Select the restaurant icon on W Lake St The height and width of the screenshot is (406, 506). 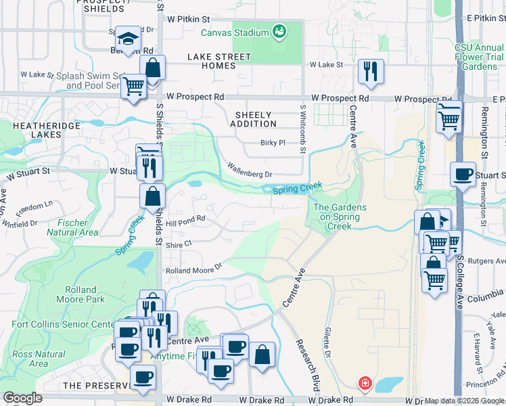pyautogui.click(x=371, y=71)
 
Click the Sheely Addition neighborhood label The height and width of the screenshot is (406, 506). pyautogui.click(x=253, y=119)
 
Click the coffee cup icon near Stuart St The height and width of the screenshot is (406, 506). pyautogui.click(x=463, y=175)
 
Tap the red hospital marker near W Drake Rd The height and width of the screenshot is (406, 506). pyautogui.click(x=365, y=384)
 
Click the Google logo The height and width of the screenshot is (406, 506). pyautogui.click(x=22, y=398)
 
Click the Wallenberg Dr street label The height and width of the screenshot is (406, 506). pyautogui.click(x=250, y=170)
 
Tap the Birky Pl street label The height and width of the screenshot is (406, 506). pyautogui.click(x=273, y=143)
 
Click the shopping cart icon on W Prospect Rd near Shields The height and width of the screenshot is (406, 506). pyautogui.click(x=134, y=86)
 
